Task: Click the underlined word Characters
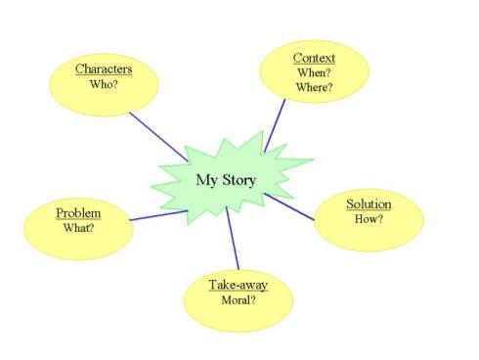104,69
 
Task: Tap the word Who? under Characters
104,85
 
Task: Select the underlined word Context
314,59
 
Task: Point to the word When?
314,73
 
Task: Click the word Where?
314,88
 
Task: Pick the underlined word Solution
369,204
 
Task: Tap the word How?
369,219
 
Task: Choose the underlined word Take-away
238,285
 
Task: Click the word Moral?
238,300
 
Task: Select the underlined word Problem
78,213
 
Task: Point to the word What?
78,228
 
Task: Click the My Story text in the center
226,180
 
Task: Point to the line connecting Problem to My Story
156,214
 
